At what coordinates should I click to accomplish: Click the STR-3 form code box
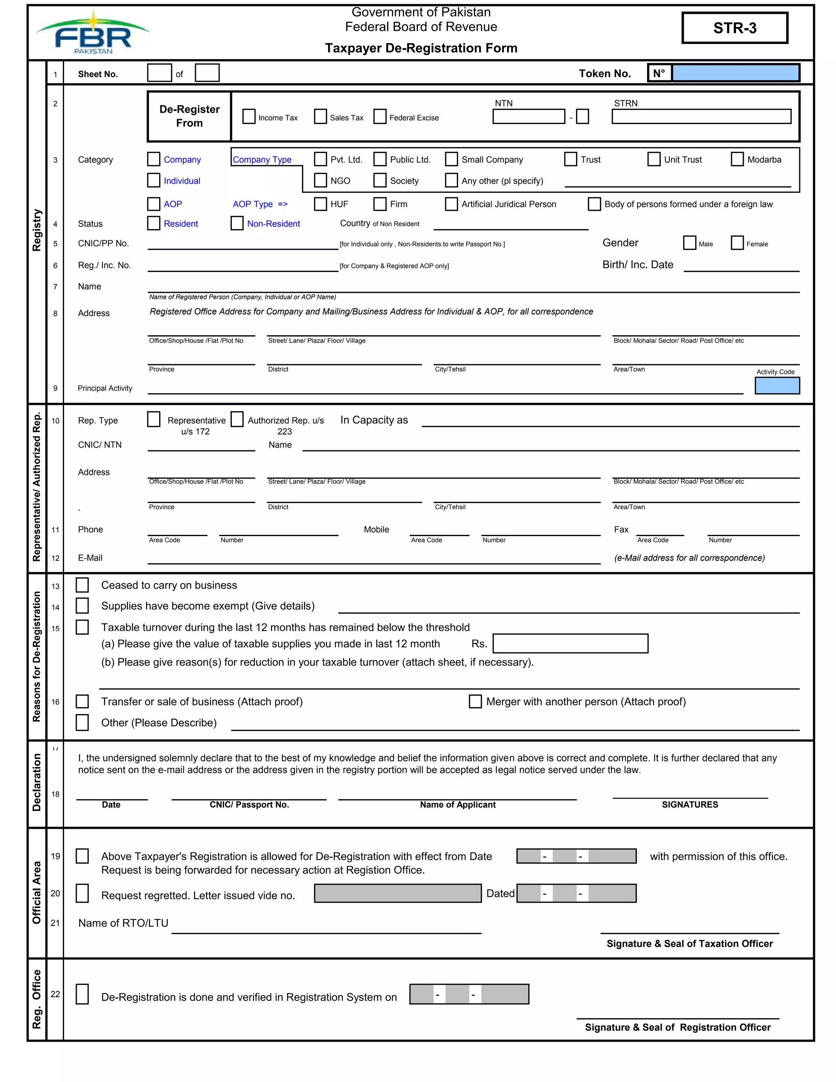(734, 28)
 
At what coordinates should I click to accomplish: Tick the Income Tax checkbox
(249, 117)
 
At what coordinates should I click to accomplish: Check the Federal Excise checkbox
(380, 117)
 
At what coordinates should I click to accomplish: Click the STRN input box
(701, 117)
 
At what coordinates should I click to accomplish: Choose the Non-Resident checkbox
(237, 223)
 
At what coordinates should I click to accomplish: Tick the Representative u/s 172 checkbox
(154, 420)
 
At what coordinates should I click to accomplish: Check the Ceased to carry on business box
(82, 585)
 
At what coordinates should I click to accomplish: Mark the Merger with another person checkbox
(475, 701)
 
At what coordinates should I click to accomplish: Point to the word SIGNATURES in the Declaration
(689, 805)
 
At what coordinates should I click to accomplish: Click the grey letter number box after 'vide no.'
(398, 893)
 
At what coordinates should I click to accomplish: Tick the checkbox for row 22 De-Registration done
(82, 994)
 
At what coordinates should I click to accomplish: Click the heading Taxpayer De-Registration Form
(421, 48)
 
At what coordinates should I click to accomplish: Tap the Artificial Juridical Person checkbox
(451, 204)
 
